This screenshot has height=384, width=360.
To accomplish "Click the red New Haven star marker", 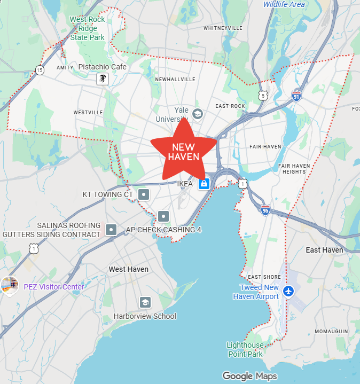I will point(184,150).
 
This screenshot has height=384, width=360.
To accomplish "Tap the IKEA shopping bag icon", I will point(204,184).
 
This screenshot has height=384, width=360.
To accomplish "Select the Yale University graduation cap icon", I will point(197,113).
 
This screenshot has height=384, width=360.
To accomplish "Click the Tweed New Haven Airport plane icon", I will point(289,291).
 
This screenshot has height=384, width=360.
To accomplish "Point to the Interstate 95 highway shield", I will point(265,210).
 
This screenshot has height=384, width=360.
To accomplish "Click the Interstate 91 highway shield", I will point(296,97).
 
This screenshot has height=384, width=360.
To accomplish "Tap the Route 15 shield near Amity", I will point(40,69).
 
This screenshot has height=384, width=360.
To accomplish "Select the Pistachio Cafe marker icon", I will point(103,79).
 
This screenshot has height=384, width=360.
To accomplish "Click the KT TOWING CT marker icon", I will point(143,194).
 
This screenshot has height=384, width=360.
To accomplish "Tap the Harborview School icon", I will point(145,303).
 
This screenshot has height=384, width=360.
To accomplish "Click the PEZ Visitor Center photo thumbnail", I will point(10,285).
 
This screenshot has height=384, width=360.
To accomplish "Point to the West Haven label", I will point(128,269).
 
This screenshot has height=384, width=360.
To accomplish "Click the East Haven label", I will point(324,250).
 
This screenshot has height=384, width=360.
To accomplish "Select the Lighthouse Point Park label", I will point(245,349).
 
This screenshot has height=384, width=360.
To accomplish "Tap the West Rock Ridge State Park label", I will point(88,28).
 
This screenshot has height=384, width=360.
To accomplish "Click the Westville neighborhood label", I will point(88,113).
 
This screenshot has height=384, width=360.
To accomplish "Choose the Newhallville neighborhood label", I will point(175,79).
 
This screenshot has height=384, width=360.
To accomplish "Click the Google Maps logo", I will point(249,376).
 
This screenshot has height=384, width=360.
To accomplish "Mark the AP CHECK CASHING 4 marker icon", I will point(163,216).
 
